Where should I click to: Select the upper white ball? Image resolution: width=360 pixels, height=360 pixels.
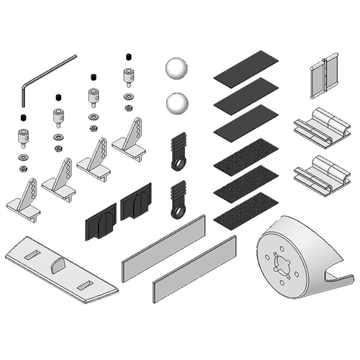[176, 71]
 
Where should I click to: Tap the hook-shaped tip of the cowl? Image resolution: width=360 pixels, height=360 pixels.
[338, 277]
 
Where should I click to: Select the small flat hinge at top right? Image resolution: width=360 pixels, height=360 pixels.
[324, 74]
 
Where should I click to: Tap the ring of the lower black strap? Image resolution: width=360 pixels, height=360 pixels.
[178, 211]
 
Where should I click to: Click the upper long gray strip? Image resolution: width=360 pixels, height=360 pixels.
[164, 242]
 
